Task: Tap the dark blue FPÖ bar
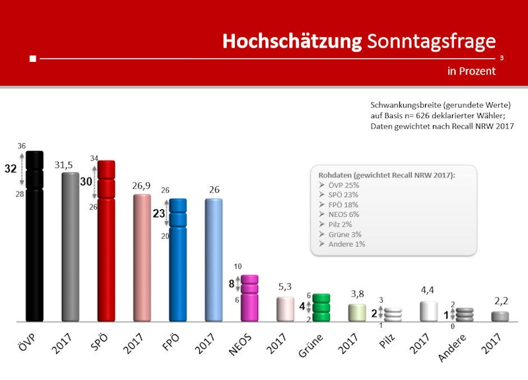pos(178,261)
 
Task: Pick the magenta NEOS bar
pos(249,298)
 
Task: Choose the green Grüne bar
pos(321,308)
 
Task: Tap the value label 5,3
pos(285,288)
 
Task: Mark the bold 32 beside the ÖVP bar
pos(11,169)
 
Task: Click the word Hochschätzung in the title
pos(292,41)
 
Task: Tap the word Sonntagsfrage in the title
pos(431,41)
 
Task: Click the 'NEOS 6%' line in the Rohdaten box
pos(343,214)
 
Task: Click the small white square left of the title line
pos(33,59)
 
